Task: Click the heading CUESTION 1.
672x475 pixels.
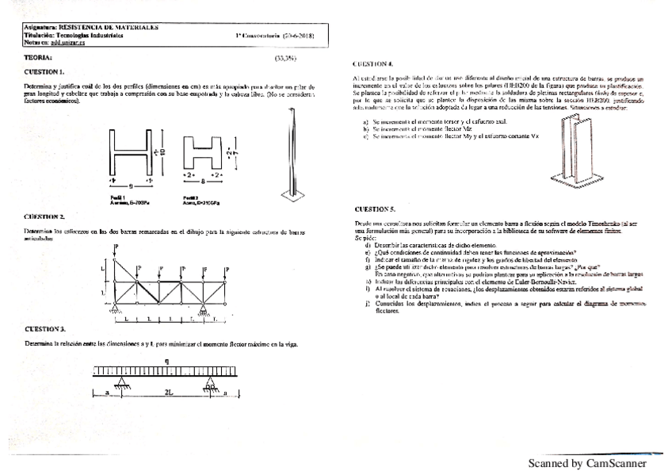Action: coord(44,71)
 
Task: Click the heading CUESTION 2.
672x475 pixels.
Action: coord(44,216)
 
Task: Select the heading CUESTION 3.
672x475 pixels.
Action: coord(44,328)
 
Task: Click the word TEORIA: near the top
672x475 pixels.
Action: coord(38,58)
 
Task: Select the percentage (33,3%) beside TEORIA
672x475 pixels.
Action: coord(284,58)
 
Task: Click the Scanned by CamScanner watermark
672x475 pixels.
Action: coord(586,463)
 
